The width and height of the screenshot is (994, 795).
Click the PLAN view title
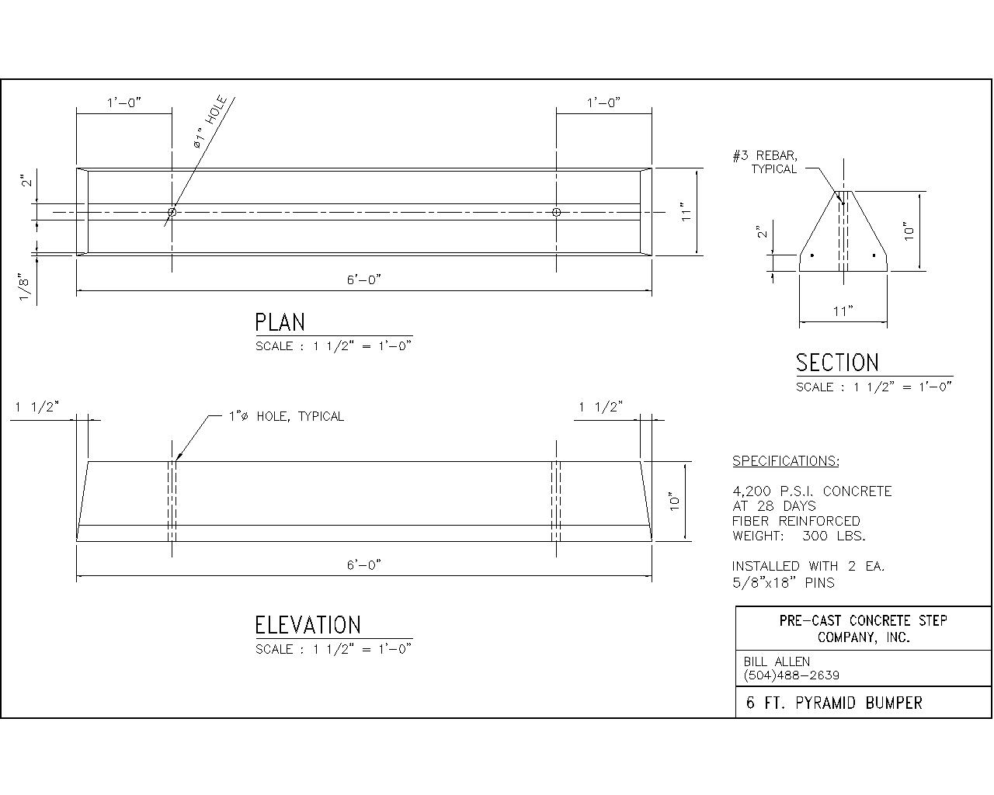tap(280, 322)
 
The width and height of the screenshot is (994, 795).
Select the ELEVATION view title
tap(308, 625)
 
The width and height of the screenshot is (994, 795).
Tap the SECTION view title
tap(837, 363)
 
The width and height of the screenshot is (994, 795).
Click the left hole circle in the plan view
tap(172, 212)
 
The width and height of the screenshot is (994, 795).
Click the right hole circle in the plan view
tap(557, 212)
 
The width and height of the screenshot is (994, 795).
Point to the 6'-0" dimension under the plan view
tap(363, 279)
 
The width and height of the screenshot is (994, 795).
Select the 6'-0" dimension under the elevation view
tap(363, 565)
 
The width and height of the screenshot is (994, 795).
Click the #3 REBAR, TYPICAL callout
tap(765, 162)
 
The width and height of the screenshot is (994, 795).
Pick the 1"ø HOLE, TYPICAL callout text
tap(286, 417)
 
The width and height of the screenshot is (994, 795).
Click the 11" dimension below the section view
tap(843, 311)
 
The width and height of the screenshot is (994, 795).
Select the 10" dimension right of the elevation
tap(676, 501)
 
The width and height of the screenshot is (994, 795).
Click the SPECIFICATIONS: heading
tap(786, 461)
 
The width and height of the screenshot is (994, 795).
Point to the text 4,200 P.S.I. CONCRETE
tap(812, 491)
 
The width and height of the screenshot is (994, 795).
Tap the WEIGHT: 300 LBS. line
tap(799, 536)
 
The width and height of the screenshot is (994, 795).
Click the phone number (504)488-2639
tap(791, 675)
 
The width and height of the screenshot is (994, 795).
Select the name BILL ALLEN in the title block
tap(777, 661)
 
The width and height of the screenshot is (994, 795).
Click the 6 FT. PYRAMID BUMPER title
tap(834, 703)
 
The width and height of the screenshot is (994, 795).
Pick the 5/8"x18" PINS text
tap(784, 582)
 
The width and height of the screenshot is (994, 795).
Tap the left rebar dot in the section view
tap(812, 255)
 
